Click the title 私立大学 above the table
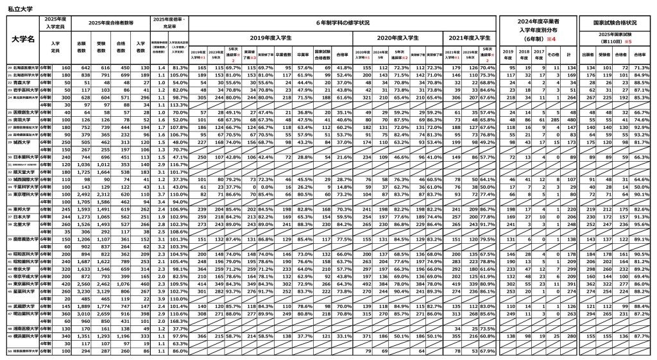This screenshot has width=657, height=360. [x=20, y=8]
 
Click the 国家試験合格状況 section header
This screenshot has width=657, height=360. [x=615, y=22]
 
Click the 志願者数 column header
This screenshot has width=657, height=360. [x=81, y=46]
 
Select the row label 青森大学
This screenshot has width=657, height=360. [x=22, y=83]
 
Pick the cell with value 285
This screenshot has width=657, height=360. [x=552, y=119]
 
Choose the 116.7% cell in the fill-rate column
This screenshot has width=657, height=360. [x=179, y=164]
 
